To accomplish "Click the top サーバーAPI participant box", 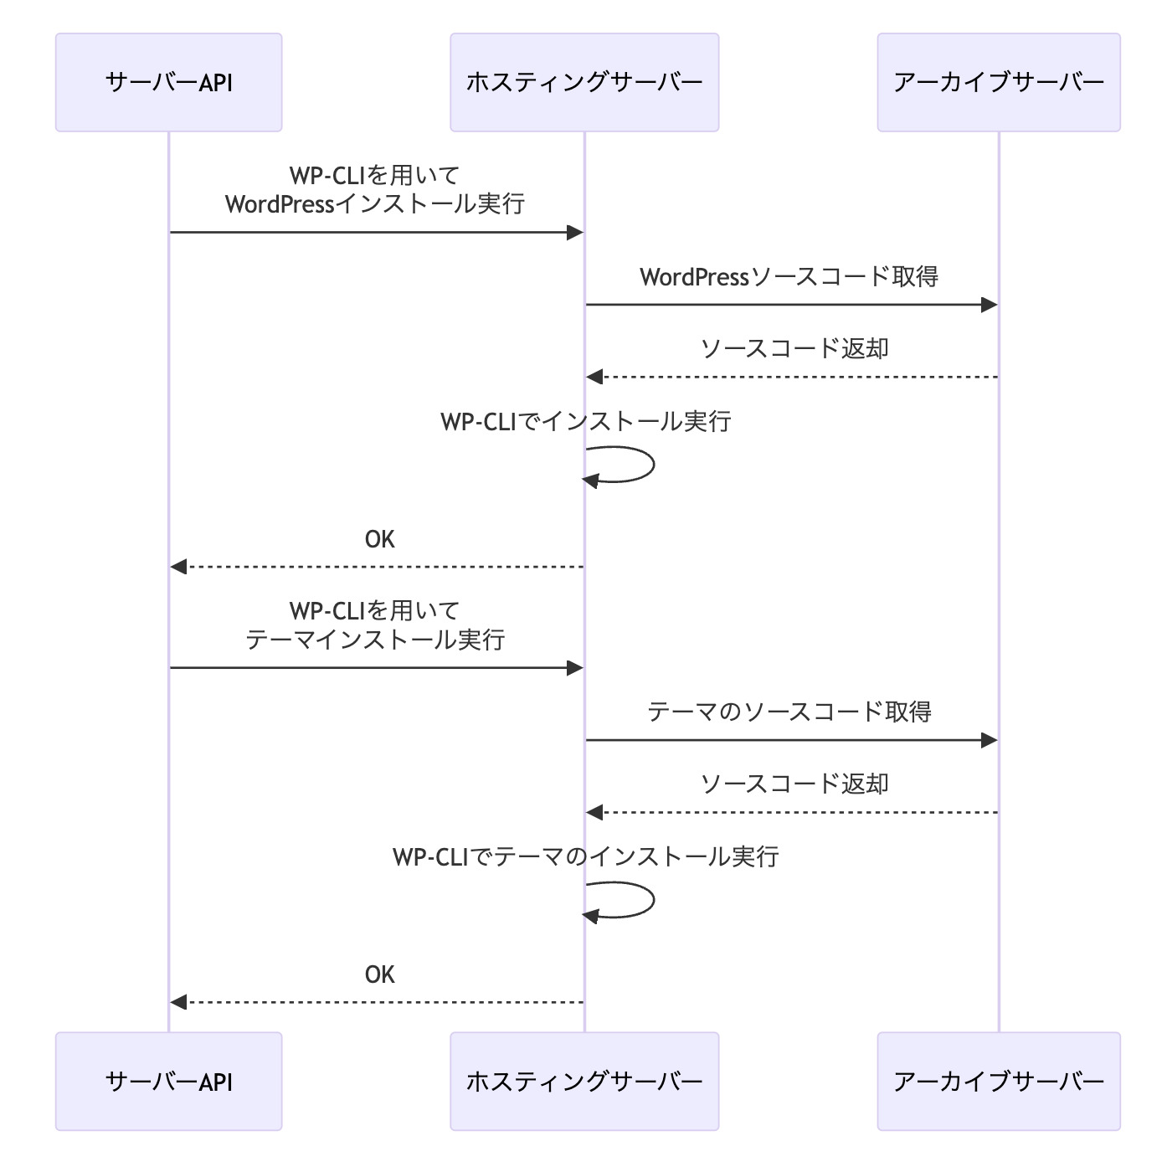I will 168,82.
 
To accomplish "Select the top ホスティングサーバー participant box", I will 584,82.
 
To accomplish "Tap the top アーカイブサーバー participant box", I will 998,82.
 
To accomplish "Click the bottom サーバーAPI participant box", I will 168,1081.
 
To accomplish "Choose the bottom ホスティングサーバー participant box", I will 584,1081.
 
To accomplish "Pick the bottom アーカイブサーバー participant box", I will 998,1081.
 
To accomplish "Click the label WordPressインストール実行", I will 375,204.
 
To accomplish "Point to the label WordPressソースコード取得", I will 789,277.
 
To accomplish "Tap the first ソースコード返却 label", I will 794,349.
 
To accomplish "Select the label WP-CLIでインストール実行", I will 585,421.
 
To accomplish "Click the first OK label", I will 379,539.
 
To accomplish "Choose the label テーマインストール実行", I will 375,640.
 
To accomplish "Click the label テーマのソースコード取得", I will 789,712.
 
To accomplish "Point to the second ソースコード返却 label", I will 794,784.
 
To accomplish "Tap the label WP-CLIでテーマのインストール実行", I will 585,856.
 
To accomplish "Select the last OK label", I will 379,974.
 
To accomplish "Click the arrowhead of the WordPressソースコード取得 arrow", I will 990,305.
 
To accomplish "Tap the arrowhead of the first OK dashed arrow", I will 177,567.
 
